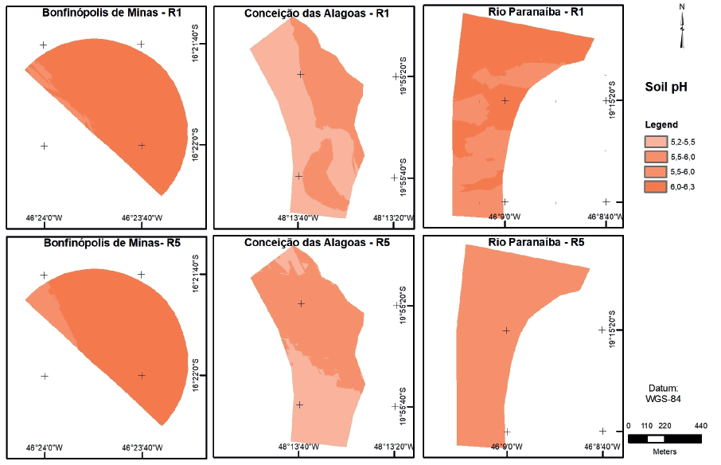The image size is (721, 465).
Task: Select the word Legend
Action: point(661,125)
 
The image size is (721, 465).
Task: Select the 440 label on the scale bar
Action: point(700,426)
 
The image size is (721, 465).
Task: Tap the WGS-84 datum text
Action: point(662,398)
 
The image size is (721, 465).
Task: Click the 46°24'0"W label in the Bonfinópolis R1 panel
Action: point(43,217)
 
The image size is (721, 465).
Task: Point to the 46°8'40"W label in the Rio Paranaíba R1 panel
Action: point(606,217)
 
